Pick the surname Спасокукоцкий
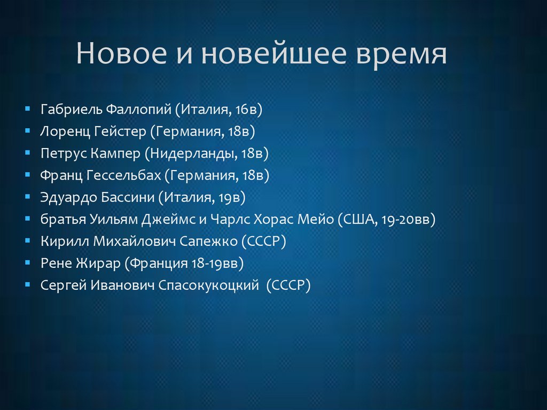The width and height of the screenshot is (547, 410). pyautogui.click(x=207, y=285)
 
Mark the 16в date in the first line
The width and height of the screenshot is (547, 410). pyautogui.click(x=248, y=110)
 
